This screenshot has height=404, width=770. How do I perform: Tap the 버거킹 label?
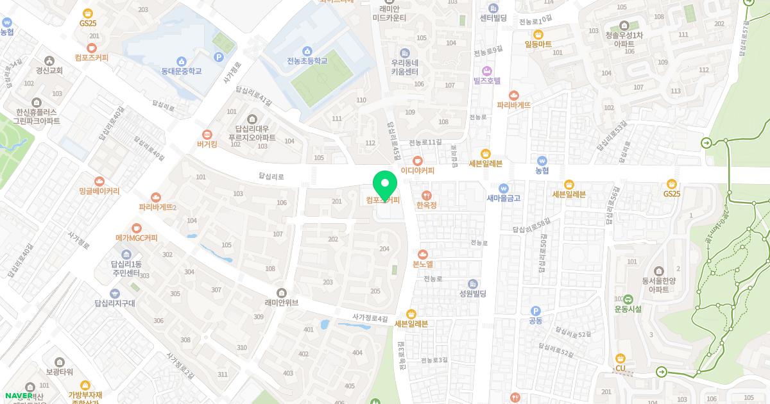click(x=207, y=144)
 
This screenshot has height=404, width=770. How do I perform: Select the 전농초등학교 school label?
click(x=307, y=61)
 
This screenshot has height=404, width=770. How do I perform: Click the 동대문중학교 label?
click(x=182, y=71)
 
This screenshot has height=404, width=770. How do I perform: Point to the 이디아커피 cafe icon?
click(x=418, y=161)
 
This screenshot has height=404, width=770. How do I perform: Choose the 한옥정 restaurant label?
click(x=426, y=205)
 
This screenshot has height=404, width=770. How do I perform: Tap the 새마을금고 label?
click(x=504, y=198)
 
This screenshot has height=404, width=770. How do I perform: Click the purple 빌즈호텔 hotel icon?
click(x=486, y=70)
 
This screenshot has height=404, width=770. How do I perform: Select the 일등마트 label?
click(x=538, y=44)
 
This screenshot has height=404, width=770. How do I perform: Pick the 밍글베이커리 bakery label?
click(x=99, y=191)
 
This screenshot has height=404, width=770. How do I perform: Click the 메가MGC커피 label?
click(x=136, y=238)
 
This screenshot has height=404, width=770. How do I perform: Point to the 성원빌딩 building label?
click(x=473, y=294)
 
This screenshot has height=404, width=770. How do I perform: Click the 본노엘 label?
click(x=423, y=264)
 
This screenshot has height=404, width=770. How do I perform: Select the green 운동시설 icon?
click(x=628, y=299)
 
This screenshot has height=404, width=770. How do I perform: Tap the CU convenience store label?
click(x=620, y=368)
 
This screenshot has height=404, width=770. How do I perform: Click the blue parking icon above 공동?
click(x=536, y=310)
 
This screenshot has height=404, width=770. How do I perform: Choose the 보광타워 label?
click(x=60, y=371)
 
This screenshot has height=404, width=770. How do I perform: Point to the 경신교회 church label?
click(x=49, y=71)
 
